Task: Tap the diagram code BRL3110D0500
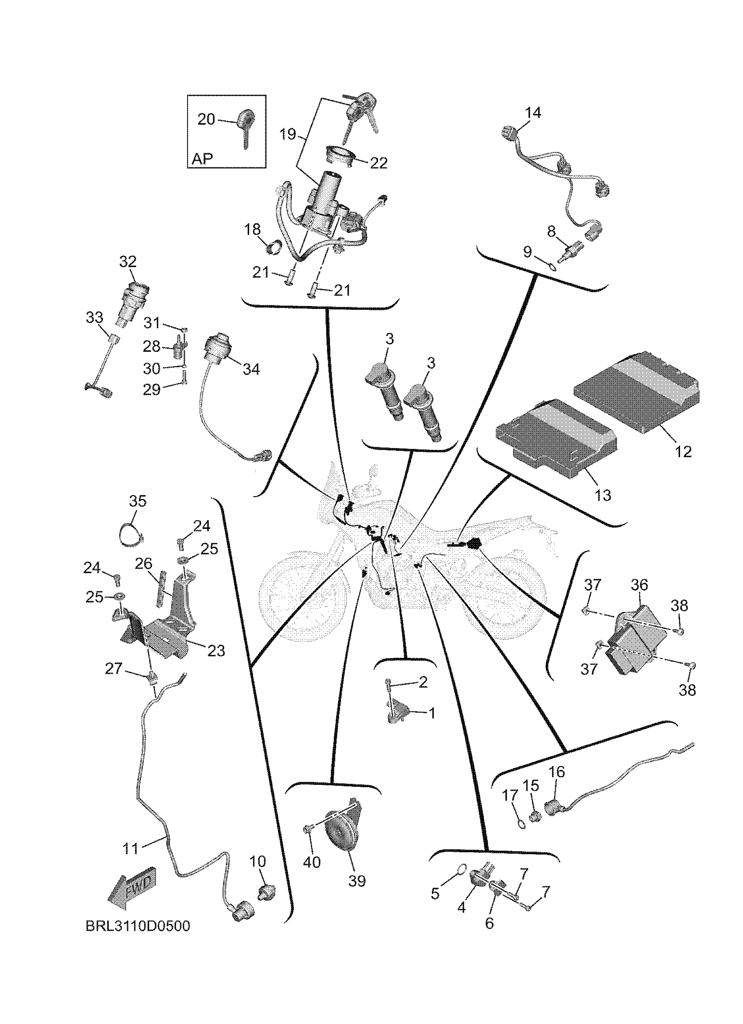138,926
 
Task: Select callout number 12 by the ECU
683,451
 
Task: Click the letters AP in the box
202,159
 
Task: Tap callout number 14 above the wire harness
533,112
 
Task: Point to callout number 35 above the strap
138,501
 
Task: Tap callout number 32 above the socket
128,261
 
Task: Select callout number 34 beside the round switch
251,369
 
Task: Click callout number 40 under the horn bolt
312,862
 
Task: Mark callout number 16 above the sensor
557,773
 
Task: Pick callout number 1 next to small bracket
431,713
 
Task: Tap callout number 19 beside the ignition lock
288,134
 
